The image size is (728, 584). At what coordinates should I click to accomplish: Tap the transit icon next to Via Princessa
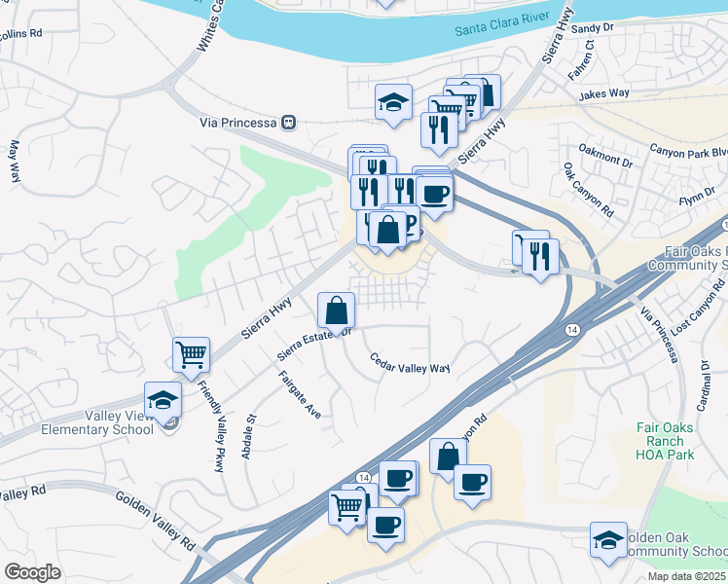click(288, 123)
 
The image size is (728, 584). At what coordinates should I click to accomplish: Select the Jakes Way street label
click(603, 94)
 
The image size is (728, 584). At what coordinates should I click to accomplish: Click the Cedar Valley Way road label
click(410, 362)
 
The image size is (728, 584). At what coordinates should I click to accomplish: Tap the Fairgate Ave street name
click(300, 394)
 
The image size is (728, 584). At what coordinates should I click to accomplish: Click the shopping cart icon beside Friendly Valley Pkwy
click(191, 354)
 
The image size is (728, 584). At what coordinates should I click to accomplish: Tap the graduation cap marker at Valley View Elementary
click(163, 399)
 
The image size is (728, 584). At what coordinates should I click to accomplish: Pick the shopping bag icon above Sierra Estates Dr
click(336, 310)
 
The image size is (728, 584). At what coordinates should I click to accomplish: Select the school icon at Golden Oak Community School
click(608, 539)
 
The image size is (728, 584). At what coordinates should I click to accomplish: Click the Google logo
click(32, 572)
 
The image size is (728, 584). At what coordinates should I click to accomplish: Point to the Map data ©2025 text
click(686, 576)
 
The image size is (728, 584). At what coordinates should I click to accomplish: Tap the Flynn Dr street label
click(698, 198)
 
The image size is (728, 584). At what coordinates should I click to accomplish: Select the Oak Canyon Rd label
click(588, 190)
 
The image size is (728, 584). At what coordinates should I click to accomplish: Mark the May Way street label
click(14, 163)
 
